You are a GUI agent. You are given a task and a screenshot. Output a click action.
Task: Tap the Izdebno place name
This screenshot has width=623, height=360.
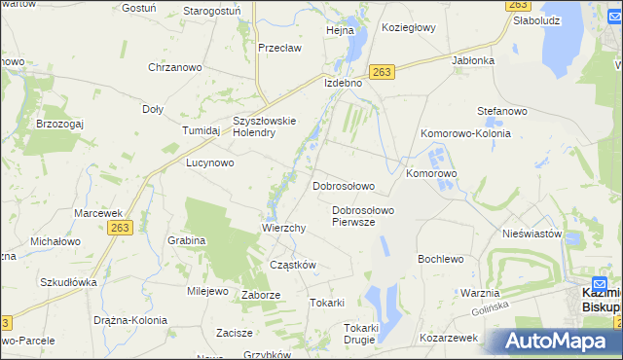pos(343,84)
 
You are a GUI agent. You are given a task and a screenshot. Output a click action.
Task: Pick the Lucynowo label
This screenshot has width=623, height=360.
pos(210,163)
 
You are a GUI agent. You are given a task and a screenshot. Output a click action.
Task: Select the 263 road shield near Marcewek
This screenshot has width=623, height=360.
pos(121,227)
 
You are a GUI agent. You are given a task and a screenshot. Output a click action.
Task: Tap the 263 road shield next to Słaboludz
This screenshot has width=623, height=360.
pos(518,6)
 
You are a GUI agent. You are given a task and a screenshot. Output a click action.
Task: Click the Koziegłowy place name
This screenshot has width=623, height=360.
pos(409,28)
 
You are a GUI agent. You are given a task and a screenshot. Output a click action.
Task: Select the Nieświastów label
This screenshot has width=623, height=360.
pos(532,234)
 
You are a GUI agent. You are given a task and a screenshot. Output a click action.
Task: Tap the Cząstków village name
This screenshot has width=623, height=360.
pos(292,265)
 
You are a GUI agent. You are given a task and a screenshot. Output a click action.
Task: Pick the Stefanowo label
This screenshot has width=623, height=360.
pos(501,112)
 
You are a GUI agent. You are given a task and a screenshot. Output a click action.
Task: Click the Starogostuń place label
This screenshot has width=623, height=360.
pos(213,11)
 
